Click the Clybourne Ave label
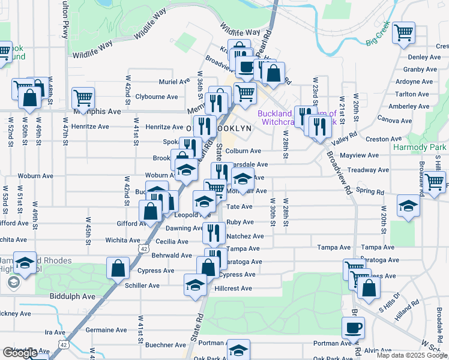tap(157, 97)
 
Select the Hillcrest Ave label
tap(234, 289)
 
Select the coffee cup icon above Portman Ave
tap(353, 328)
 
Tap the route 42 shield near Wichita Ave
tap(143, 248)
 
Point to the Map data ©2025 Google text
tap(411, 355)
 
